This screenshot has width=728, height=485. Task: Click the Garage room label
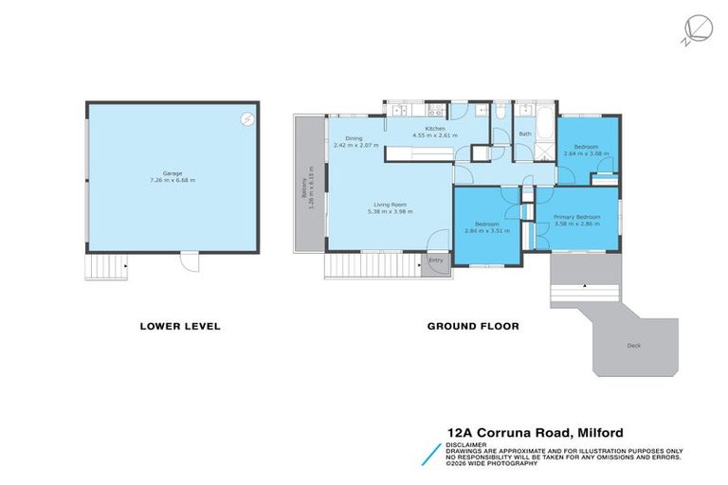172,173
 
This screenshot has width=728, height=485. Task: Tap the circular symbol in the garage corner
246,118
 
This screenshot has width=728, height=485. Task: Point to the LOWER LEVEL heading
180,326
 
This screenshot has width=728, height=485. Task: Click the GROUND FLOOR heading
473,326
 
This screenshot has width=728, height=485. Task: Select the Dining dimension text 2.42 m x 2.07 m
355,145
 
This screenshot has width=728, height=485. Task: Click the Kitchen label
435,128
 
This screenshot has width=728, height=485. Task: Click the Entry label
436,260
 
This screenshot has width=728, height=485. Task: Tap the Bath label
524,135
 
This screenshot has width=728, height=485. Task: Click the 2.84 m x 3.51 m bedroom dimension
487,230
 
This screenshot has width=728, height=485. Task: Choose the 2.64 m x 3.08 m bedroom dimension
587,153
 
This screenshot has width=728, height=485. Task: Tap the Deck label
633,346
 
